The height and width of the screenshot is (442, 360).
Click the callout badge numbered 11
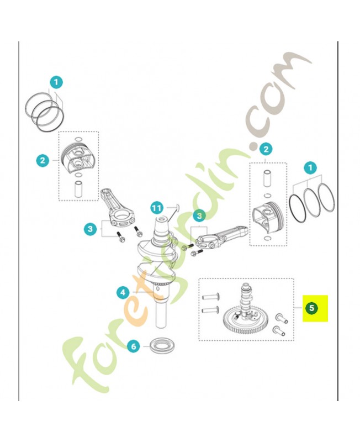click(x=157, y=208)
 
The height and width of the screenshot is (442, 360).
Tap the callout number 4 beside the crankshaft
click(x=123, y=292)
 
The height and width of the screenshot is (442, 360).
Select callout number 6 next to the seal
click(x=134, y=346)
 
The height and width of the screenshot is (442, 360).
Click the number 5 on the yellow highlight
click(x=311, y=308)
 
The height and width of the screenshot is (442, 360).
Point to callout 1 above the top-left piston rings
click(x=56, y=82)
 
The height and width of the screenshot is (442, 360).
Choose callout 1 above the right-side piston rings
click(x=310, y=168)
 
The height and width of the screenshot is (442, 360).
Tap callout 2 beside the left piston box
click(x=43, y=161)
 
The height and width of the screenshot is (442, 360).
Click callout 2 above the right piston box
click(x=266, y=149)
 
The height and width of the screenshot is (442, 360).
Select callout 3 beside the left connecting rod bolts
click(x=90, y=228)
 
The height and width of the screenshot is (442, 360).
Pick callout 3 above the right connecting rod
click(x=199, y=216)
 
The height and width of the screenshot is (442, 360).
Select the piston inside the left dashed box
click(x=78, y=159)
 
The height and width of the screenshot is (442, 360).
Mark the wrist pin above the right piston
click(x=267, y=178)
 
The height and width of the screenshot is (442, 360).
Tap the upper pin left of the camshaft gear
click(x=211, y=297)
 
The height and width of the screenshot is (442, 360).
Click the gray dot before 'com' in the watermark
click(x=253, y=146)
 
